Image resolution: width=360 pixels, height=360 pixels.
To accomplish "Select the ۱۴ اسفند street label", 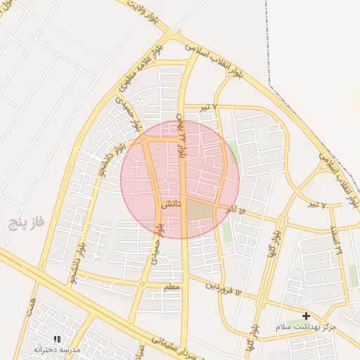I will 335,240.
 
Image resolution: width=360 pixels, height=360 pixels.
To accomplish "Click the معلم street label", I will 171,288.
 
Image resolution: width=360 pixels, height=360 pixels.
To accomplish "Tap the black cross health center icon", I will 306,316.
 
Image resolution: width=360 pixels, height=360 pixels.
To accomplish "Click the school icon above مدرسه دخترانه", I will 57,339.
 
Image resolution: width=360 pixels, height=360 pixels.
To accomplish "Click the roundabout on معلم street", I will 143,285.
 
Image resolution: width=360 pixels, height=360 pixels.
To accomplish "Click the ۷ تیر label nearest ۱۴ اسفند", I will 318,205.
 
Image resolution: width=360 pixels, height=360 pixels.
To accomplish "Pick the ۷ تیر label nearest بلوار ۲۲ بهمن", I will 207,107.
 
